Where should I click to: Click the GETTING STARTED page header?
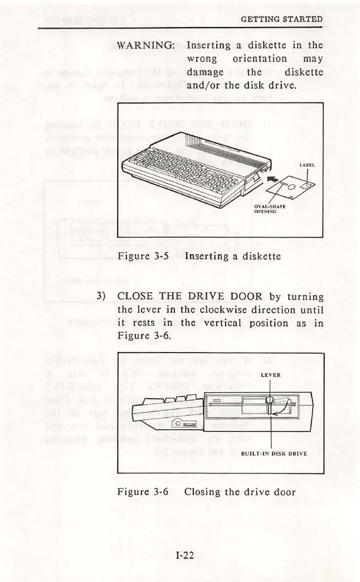[x=282, y=19]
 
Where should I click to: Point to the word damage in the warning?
[x=205, y=72]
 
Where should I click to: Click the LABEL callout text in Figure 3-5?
[x=307, y=165]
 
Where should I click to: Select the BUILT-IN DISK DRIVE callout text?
[x=274, y=454]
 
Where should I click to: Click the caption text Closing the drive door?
[x=240, y=492]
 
